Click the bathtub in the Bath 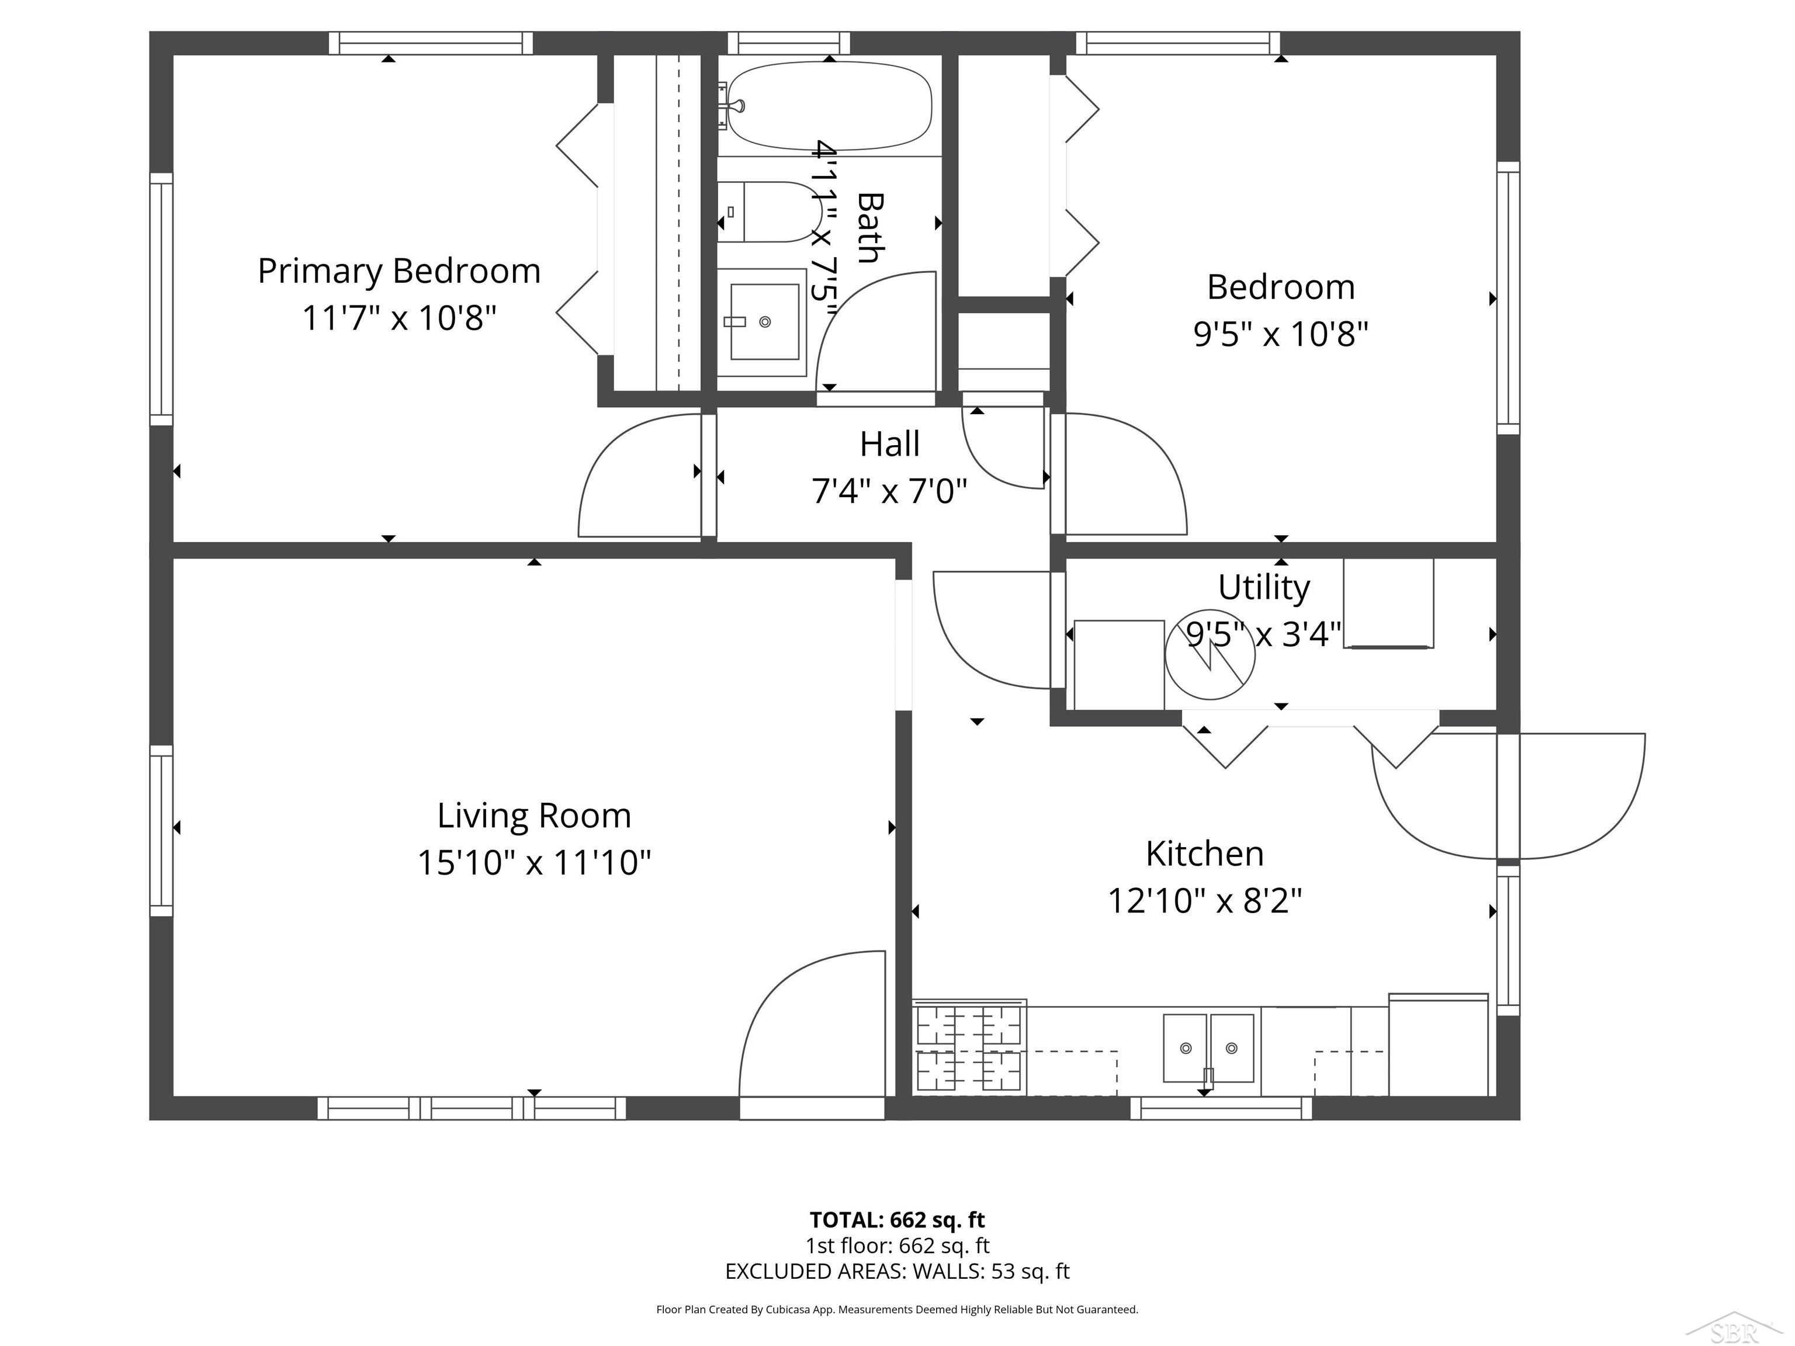coord(829,106)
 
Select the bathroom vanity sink coord(764,321)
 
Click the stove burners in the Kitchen coord(969,1047)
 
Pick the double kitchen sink coord(1208,1048)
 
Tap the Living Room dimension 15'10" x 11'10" coord(534,862)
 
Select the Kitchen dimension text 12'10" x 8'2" coord(1205,900)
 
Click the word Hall coord(890,444)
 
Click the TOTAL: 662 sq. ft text coord(897,1219)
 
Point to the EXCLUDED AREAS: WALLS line coord(897,1271)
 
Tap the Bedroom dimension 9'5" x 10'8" coord(1281,334)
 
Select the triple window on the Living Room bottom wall coord(472,1108)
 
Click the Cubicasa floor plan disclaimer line coord(897,1310)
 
